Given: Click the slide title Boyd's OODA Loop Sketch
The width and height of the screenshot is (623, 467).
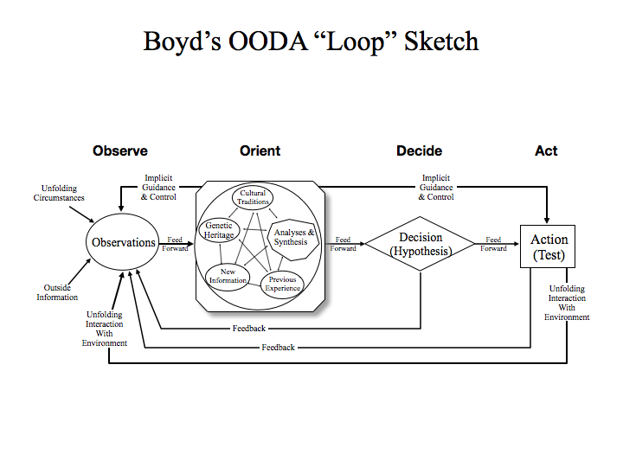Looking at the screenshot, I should click(x=311, y=41).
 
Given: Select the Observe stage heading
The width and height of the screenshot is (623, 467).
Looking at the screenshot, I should click(x=120, y=150).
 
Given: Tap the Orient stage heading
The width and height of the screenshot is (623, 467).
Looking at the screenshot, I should click(x=260, y=150).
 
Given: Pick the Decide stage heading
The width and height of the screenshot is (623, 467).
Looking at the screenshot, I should click(x=420, y=150).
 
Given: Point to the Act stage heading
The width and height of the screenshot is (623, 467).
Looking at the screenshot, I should click(x=546, y=150).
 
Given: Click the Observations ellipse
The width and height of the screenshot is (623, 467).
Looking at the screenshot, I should click(x=124, y=243).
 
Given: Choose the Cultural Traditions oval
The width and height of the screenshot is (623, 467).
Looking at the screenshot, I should click(x=253, y=197).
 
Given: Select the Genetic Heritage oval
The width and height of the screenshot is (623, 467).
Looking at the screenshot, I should click(x=219, y=230).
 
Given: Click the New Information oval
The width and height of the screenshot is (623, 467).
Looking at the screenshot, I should click(x=228, y=276).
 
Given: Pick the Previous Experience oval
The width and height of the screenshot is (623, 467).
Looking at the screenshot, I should click(x=282, y=284).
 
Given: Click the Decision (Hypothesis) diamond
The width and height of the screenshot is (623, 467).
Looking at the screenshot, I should click(x=421, y=244).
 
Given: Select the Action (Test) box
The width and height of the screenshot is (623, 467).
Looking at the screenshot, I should click(x=549, y=246).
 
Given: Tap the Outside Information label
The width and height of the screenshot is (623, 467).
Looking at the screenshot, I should click(x=57, y=292).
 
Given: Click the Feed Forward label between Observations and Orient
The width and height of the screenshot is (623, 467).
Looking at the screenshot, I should click(x=176, y=244).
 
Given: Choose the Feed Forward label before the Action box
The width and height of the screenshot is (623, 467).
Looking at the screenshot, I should click(x=494, y=244).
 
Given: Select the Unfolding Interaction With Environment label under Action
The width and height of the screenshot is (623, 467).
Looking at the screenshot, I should click(x=567, y=303).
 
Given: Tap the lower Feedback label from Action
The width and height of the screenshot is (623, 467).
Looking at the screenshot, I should click(x=278, y=347).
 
